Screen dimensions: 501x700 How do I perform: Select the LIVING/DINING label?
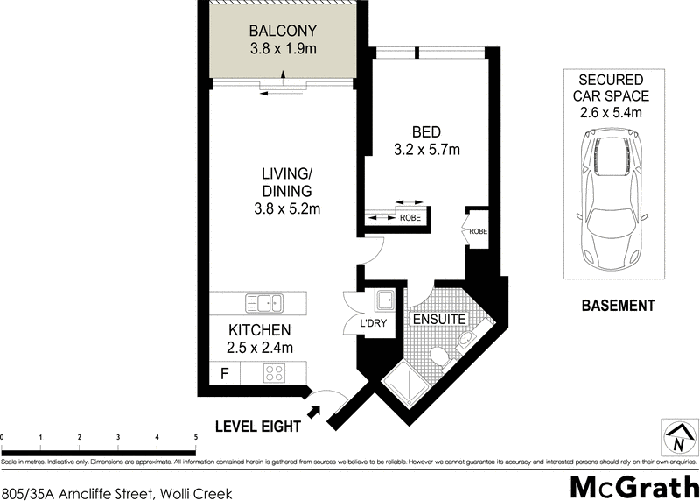[x=287, y=182]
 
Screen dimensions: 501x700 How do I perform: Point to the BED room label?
[x=426, y=132]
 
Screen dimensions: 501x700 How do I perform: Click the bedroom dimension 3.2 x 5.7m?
[x=426, y=150]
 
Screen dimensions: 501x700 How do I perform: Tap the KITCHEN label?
[x=259, y=330]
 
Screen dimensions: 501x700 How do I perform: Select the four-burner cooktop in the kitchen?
[x=276, y=373]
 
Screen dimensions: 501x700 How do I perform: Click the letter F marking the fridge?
[x=225, y=373]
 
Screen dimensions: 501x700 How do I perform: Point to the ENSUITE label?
[x=439, y=320]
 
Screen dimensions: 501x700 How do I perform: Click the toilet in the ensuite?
[x=465, y=340]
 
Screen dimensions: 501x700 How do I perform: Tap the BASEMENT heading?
[x=618, y=306]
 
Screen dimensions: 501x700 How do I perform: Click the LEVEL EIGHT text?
[x=258, y=427]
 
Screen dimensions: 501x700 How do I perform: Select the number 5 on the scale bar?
[x=196, y=435]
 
